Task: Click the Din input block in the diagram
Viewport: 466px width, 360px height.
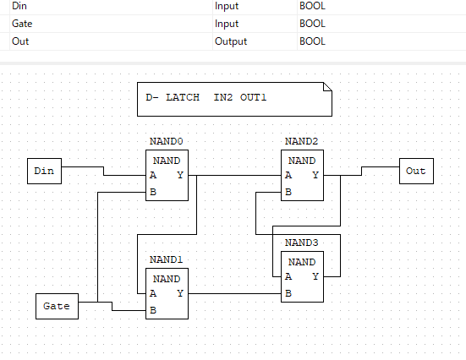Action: [44, 171]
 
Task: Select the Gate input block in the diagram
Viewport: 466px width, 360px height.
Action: [57, 306]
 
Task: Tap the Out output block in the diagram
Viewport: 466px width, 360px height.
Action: [416, 171]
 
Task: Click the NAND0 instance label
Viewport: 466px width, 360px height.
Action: [166, 141]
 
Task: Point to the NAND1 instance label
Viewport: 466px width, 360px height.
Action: [166, 259]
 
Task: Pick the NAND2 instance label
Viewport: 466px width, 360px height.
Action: [301, 141]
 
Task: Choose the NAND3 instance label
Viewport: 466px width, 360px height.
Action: [301, 243]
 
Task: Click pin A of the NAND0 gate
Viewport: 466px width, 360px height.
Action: [153, 175]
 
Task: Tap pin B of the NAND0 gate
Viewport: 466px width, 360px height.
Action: [153, 192]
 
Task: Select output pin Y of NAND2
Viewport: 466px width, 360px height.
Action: [315, 175]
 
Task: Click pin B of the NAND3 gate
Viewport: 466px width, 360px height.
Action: [288, 293]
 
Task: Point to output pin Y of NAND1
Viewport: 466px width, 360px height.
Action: [180, 293]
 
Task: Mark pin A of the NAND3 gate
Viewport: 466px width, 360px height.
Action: [288, 276]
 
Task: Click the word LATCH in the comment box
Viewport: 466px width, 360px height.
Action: [183, 97]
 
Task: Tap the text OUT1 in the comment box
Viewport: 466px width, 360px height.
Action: [253, 97]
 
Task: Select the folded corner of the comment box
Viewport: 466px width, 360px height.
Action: [328, 87]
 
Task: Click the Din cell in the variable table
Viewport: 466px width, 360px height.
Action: [19, 6]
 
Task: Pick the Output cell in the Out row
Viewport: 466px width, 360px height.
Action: [231, 41]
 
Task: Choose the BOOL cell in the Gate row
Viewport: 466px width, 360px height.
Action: [312, 24]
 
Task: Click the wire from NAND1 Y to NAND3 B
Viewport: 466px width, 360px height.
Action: [235, 293]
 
